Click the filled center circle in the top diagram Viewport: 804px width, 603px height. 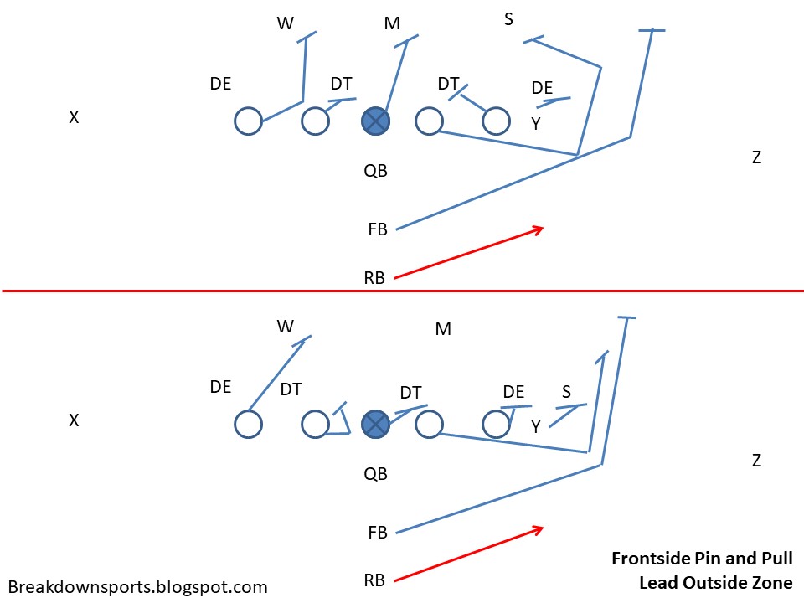click(x=376, y=121)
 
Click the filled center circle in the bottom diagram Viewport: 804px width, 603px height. click(x=376, y=425)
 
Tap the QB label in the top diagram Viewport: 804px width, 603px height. click(x=375, y=171)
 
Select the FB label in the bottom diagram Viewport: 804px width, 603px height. click(x=378, y=532)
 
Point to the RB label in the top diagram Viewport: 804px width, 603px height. click(x=374, y=278)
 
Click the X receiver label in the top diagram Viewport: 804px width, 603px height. click(x=74, y=118)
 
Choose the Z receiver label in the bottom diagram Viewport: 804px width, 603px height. click(x=756, y=460)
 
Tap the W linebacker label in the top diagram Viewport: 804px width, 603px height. click(x=286, y=23)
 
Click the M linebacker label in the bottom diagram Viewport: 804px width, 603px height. click(x=443, y=329)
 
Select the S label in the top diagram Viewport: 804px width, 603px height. click(x=508, y=18)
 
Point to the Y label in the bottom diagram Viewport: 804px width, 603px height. click(x=535, y=427)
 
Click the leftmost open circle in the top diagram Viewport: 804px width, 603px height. click(x=248, y=121)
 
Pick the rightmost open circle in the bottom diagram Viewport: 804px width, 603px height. click(x=497, y=425)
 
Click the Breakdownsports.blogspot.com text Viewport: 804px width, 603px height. click(x=137, y=586)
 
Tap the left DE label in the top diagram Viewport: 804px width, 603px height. click(x=220, y=84)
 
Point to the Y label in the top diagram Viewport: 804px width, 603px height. click(x=535, y=124)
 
